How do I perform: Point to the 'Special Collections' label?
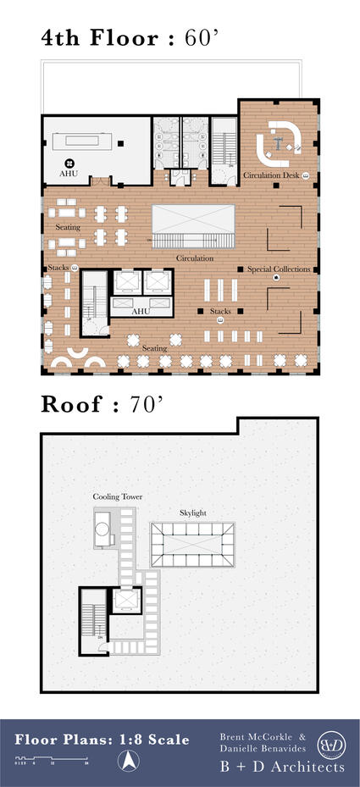click(280, 269)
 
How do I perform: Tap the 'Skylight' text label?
click(193, 513)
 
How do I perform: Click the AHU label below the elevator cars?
click(141, 311)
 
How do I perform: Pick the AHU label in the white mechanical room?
click(69, 173)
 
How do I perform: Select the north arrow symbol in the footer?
click(127, 762)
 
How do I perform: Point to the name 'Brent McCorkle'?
click(253, 736)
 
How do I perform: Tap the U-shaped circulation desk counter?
click(279, 145)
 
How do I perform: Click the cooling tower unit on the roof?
click(103, 529)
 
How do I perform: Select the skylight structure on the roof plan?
click(192, 546)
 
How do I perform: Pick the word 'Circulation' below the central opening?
click(194, 258)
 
